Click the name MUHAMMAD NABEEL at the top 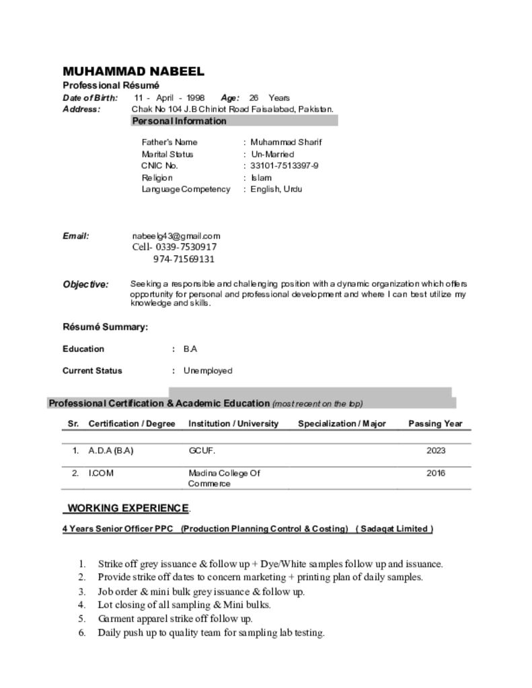tap(133, 72)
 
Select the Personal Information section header tap(179, 121)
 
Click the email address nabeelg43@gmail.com tap(176, 236)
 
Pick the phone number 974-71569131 tap(184, 259)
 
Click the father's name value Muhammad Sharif tap(286, 142)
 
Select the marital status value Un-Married tap(272, 154)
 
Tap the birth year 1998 tap(196, 97)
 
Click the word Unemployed tap(208, 370)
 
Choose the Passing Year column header tap(435, 423)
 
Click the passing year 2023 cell tap(436, 451)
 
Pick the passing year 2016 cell tap(436, 473)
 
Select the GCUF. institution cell tap(202, 451)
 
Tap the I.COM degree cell tap(101, 473)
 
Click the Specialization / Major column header tap(342, 423)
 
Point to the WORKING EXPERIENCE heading tap(128, 508)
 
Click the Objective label tap(85, 284)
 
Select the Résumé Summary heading tap(105, 327)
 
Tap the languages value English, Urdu tap(276, 189)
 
